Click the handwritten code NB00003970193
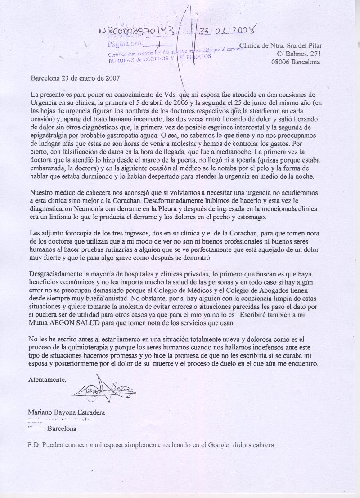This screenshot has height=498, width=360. click(139, 32)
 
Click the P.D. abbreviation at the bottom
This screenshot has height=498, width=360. click(34, 445)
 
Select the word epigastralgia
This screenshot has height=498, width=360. click(49, 134)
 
